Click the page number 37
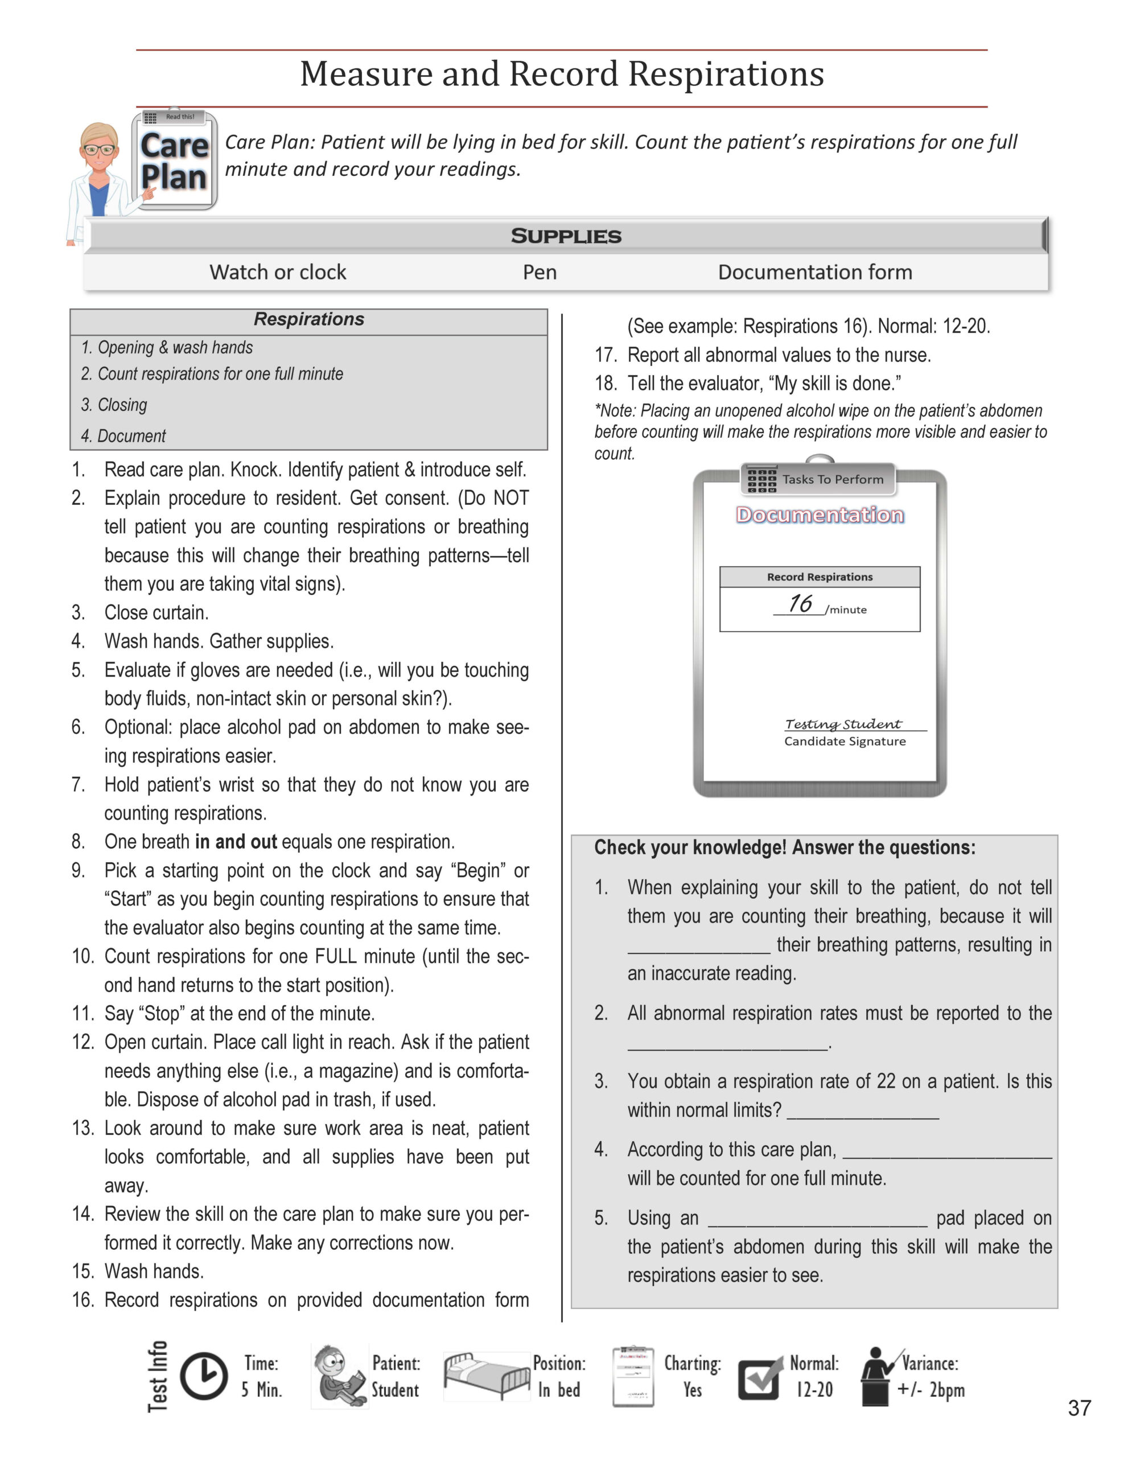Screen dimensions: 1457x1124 coord(1078,1407)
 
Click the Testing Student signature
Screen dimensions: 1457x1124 coord(843,724)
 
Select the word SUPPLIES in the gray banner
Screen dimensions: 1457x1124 coord(566,236)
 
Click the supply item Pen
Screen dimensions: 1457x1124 coord(540,272)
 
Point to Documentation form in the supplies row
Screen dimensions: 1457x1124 coord(814,272)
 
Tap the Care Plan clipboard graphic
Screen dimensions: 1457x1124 coord(175,160)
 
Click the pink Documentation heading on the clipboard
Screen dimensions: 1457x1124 coord(820,515)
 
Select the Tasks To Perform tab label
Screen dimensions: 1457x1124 coord(832,479)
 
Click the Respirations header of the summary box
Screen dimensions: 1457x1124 coord(309,319)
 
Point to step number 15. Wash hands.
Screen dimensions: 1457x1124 coord(154,1271)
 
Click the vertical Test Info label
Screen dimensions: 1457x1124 coord(158,1376)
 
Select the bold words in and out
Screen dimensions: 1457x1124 coord(236,842)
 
